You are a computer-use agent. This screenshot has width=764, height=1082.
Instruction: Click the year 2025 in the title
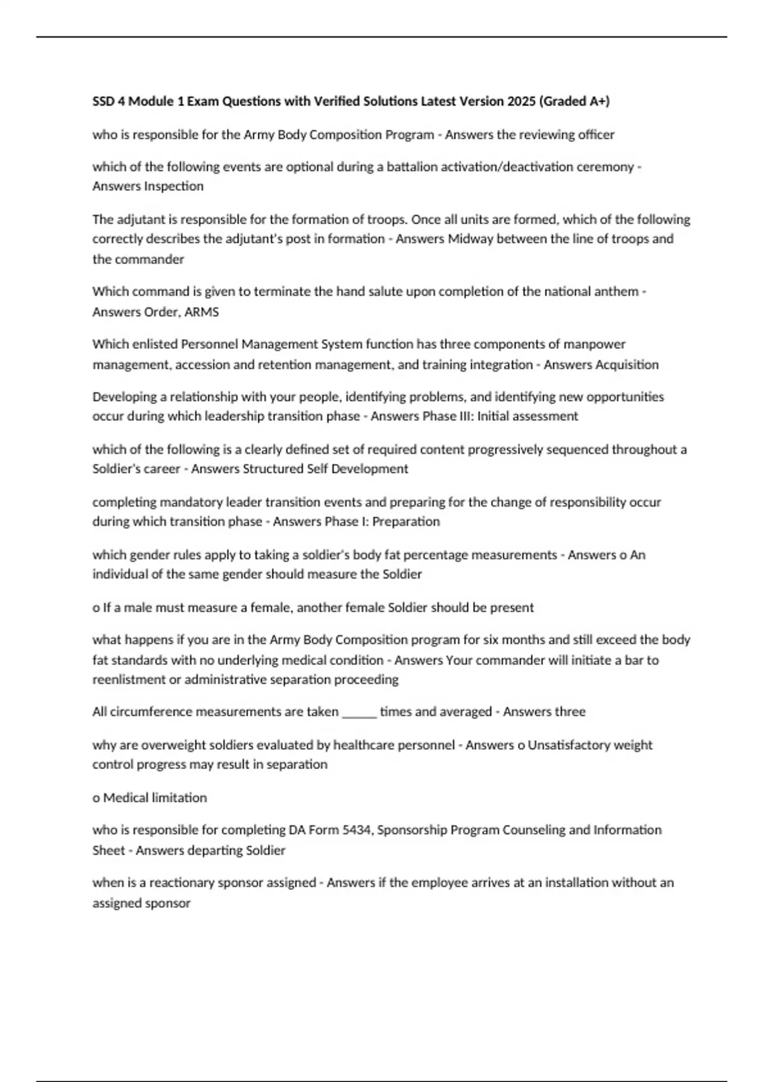tap(521, 101)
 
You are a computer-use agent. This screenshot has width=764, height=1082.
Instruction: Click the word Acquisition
tap(626, 365)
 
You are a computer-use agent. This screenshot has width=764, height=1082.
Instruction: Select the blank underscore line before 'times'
tap(360, 712)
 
